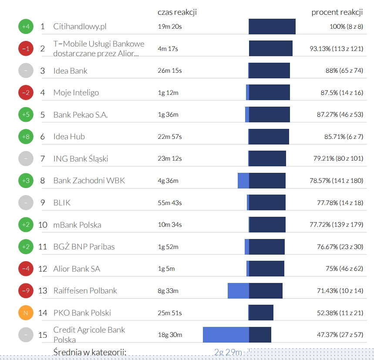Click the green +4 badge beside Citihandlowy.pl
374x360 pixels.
click(x=26, y=27)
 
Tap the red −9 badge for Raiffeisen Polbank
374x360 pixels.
click(x=26, y=291)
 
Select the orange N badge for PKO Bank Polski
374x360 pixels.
click(x=26, y=313)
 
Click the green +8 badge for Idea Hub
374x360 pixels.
click(x=26, y=137)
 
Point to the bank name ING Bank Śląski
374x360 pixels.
click(x=81, y=158)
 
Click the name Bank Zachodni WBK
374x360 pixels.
click(x=89, y=181)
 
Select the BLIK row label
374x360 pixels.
click(x=62, y=203)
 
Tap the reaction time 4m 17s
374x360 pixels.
click(x=168, y=49)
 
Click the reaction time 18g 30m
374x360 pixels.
click(x=170, y=335)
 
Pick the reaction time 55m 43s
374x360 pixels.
click(x=170, y=203)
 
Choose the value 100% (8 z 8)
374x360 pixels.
click(x=346, y=27)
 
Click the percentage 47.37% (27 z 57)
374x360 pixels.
click(x=340, y=335)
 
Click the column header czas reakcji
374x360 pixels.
click(x=177, y=12)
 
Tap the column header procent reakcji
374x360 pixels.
click(x=337, y=12)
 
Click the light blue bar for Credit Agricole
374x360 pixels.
click(x=226, y=335)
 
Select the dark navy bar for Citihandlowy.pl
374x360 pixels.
click(x=272, y=27)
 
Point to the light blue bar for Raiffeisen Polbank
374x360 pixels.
click(x=238, y=291)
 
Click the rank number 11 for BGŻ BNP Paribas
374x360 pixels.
click(x=43, y=247)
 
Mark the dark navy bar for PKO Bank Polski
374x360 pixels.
click(x=261, y=313)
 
